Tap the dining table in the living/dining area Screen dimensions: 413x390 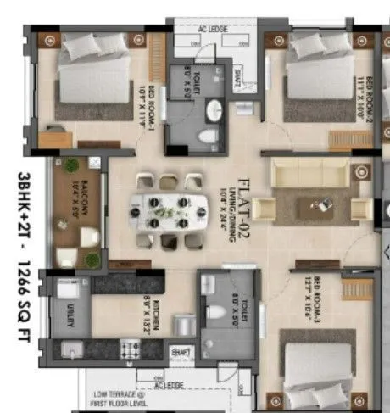(169, 212)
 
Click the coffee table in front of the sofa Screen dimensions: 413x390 (321, 204)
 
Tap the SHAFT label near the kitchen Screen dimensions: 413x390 (181, 350)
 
